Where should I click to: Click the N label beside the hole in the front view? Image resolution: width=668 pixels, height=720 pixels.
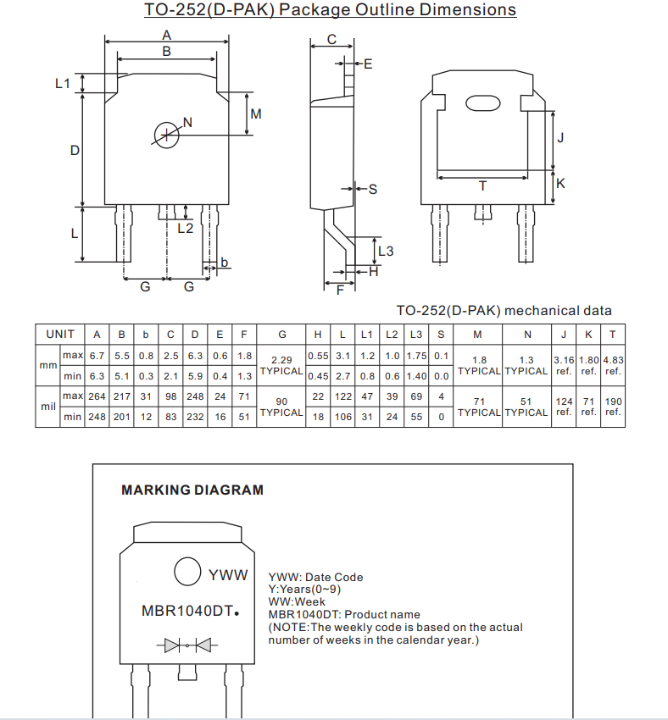click(187, 122)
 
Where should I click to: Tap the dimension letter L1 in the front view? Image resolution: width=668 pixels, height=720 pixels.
click(62, 83)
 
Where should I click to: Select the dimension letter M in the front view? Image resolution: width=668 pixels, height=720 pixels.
click(255, 114)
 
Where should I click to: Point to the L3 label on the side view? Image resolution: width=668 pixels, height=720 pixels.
click(386, 251)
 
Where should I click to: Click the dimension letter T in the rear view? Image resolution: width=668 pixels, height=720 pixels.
click(482, 186)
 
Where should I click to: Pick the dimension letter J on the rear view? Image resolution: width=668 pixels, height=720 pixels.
click(560, 137)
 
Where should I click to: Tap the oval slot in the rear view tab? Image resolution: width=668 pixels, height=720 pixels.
click(483, 103)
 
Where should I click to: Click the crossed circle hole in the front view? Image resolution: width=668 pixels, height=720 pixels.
click(167, 134)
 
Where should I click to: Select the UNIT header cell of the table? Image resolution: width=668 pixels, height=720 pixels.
click(60, 334)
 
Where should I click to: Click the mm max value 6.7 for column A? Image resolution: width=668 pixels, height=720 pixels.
click(97, 356)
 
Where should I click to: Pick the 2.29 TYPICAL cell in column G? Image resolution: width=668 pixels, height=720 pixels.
click(281, 365)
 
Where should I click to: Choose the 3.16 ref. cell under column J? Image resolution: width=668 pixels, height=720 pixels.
click(565, 365)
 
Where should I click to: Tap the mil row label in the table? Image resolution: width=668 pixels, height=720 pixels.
click(47, 407)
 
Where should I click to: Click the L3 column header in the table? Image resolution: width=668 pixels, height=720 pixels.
click(416, 334)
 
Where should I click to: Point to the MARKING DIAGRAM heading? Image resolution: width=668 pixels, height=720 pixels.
click(192, 490)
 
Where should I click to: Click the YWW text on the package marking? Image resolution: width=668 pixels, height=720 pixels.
click(228, 575)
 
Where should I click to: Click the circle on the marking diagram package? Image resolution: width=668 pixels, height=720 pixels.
click(187, 571)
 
